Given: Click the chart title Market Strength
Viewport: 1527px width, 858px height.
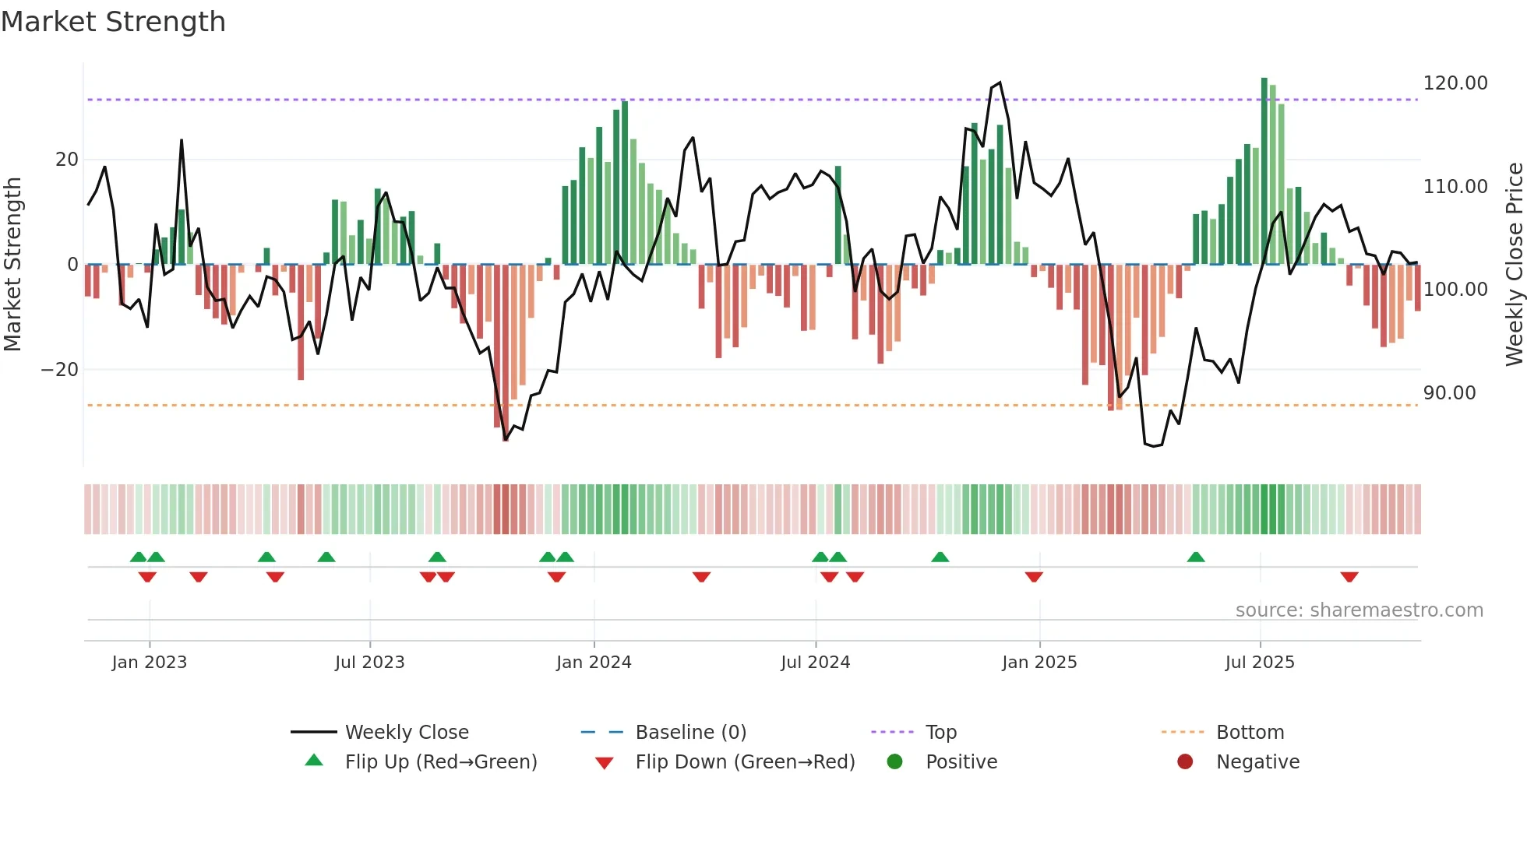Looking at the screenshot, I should tap(113, 22).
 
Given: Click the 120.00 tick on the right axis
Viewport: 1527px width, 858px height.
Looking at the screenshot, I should tap(1455, 83).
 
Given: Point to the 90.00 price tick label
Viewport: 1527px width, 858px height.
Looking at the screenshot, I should tap(1449, 393).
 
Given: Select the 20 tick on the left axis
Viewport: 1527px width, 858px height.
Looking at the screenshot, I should tap(67, 160).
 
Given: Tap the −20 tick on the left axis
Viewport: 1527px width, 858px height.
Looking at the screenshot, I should tap(60, 370).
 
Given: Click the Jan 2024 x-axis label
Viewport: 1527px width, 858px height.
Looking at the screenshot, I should tap(594, 663).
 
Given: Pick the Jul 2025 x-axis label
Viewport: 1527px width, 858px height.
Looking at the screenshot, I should tap(1259, 663).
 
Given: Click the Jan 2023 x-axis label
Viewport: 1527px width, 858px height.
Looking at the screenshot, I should tap(149, 663).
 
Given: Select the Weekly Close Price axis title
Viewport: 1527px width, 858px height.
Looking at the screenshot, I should tap(1514, 264).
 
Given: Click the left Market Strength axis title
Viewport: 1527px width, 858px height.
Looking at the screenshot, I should tap(12, 264).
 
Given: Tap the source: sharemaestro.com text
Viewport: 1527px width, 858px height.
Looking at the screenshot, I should tap(1359, 610).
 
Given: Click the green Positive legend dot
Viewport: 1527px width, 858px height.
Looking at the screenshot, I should tap(894, 762).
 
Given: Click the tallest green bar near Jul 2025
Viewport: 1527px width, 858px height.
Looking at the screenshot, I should tap(1264, 171).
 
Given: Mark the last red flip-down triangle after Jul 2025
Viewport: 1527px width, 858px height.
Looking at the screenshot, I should tap(1349, 577).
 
